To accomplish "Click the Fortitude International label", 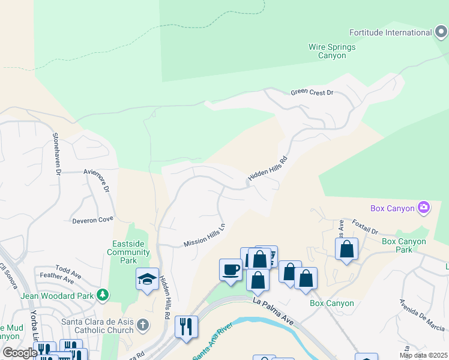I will [x=390, y=32].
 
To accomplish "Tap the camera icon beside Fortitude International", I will [x=441, y=32].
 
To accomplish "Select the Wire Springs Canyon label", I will [x=332, y=51].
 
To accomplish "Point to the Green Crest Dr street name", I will [x=312, y=92].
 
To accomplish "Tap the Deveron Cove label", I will [x=92, y=220].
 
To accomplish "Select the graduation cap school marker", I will [x=147, y=279].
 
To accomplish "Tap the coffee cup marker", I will [x=231, y=269].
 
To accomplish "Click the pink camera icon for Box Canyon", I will [x=424, y=208].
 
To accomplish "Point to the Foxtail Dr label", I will [x=365, y=227].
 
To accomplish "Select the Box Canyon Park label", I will [x=404, y=245].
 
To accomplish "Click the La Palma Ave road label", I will [x=274, y=310].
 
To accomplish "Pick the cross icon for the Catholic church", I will [x=142, y=325].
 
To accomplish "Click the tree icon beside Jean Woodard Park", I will [x=103, y=295].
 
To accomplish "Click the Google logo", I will [x=20, y=353].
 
